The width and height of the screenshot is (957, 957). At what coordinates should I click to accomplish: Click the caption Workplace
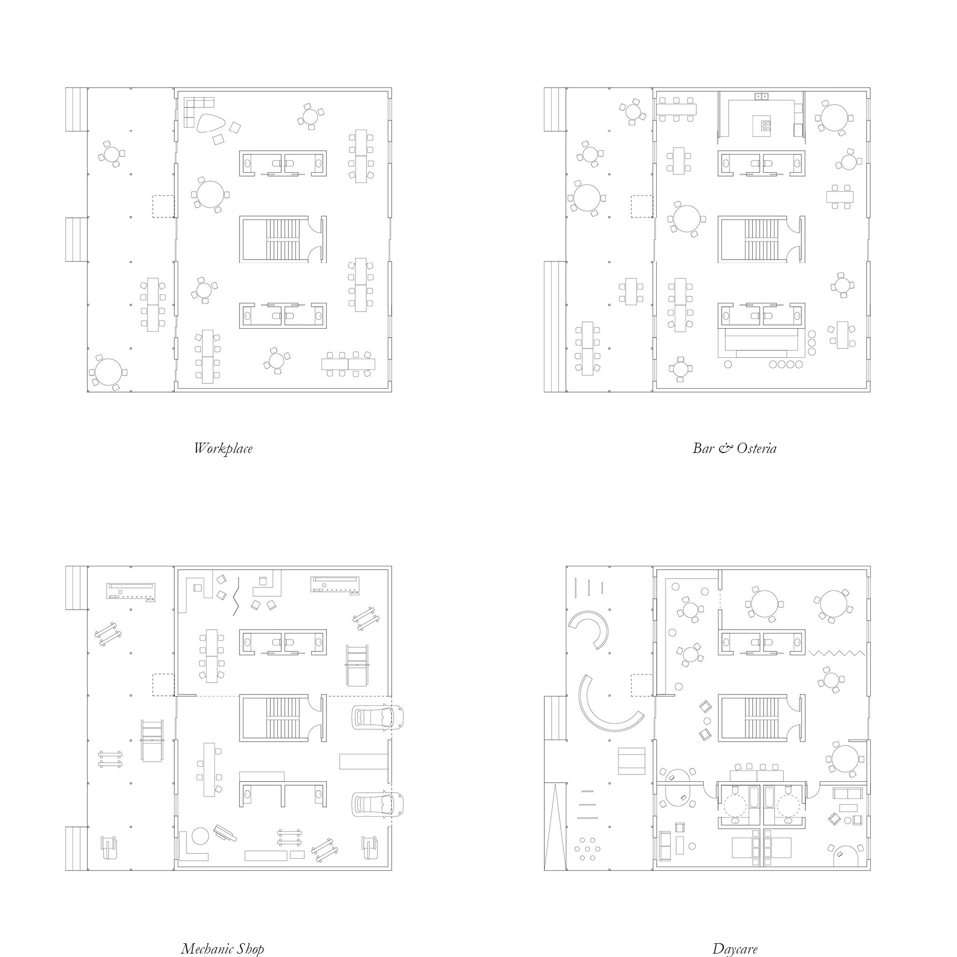coord(223,449)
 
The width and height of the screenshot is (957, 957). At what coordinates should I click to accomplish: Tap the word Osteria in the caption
coord(756,448)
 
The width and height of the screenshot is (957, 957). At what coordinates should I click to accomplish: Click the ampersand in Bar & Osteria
coord(725,448)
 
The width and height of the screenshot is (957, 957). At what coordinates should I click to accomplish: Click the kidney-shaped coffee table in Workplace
coord(212,123)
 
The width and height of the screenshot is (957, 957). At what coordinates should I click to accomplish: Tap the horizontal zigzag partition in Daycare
coord(837,653)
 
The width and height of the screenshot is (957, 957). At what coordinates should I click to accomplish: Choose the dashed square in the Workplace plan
coord(163,206)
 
